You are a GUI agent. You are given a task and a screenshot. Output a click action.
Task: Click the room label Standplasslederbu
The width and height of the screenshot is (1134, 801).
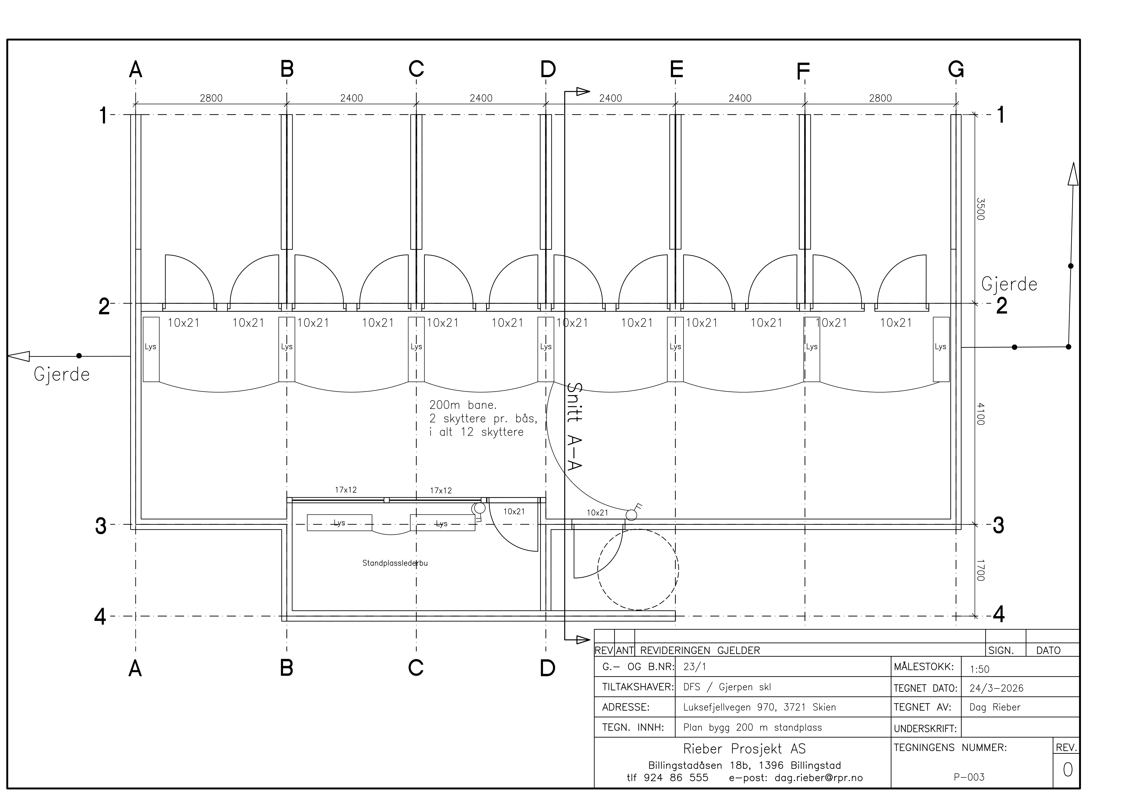click(x=395, y=563)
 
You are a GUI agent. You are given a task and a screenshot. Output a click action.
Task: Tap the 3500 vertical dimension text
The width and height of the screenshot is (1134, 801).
click(x=980, y=209)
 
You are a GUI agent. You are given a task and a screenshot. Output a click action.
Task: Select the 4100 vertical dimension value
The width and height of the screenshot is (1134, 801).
click(x=980, y=414)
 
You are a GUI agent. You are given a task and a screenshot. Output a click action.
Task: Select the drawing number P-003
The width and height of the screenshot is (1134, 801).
click(x=969, y=777)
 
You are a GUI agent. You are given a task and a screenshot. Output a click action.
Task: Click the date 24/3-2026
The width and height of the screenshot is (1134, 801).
click(x=996, y=688)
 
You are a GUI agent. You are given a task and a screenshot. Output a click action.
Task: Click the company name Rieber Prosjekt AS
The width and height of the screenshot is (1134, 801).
click(x=744, y=749)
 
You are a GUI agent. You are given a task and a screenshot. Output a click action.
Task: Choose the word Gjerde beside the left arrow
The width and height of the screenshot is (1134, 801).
click(x=62, y=375)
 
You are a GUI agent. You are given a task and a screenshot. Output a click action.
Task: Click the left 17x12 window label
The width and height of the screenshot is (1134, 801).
click(x=346, y=490)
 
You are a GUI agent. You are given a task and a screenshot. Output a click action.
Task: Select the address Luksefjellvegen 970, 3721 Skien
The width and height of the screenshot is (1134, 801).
click(x=760, y=707)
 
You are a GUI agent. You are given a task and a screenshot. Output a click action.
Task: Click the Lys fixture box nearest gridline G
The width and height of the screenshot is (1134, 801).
click(x=941, y=349)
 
